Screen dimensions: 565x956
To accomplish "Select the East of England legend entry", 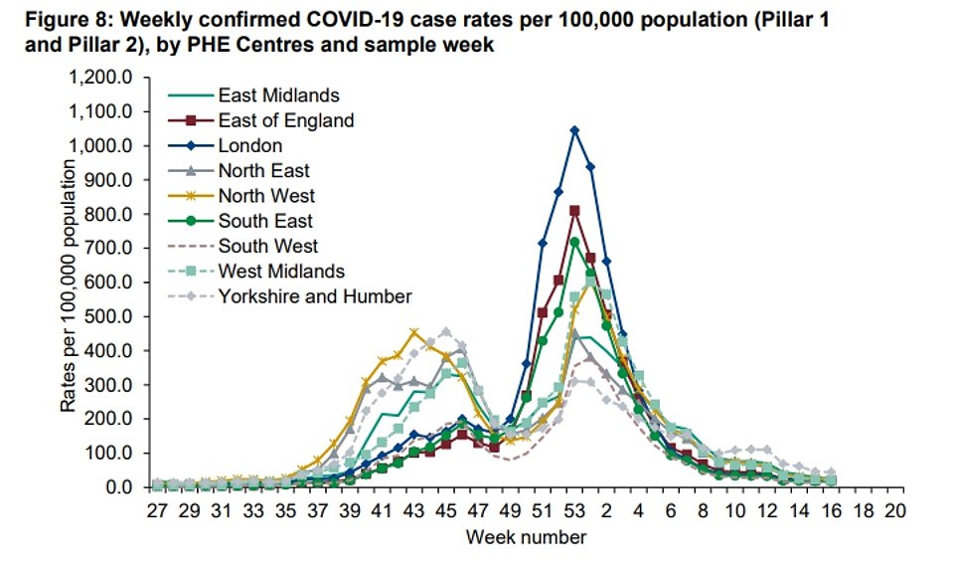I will (x=285, y=120).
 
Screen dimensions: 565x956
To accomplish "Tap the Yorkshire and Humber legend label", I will (x=314, y=295).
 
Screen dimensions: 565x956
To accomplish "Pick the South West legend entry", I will (x=268, y=246).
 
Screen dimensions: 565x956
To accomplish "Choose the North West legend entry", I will (x=266, y=196).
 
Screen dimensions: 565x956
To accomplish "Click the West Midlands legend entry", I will (x=281, y=271).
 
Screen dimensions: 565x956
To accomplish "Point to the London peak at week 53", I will (x=574, y=129).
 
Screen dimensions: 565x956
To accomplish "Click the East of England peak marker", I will (x=574, y=211).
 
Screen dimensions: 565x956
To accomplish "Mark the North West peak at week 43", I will (x=414, y=332).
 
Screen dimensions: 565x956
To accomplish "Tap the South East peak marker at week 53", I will (x=574, y=242).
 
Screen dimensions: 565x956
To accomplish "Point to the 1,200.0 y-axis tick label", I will (x=105, y=77).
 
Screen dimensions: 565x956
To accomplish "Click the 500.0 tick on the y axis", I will (x=112, y=316).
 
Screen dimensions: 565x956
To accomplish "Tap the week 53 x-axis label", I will (x=574, y=511).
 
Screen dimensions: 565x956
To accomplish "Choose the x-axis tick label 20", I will (x=895, y=511).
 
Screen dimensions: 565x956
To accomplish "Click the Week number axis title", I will (x=527, y=538).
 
